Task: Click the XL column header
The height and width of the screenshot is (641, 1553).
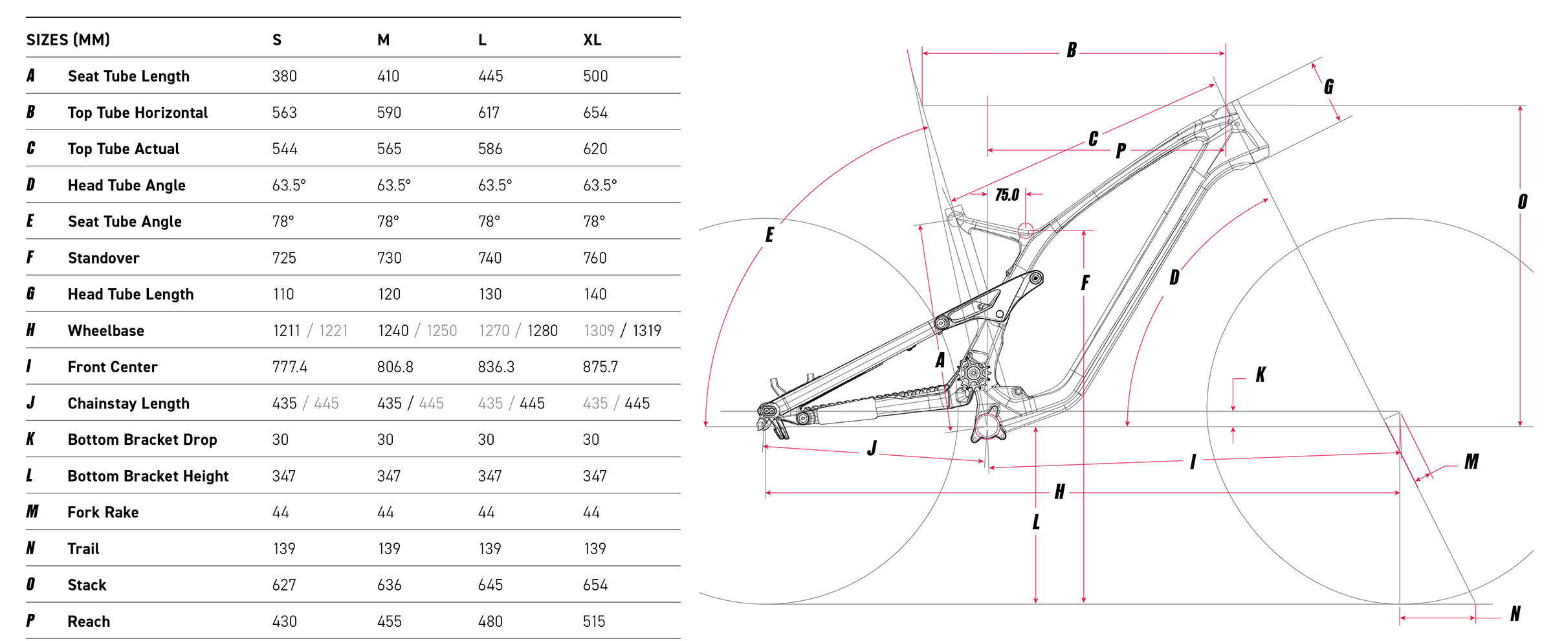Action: pyautogui.click(x=592, y=40)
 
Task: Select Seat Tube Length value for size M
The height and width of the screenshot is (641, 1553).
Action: pyautogui.click(x=388, y=76)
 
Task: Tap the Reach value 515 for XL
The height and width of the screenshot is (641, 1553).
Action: pyautogui.click(x=595, y=622)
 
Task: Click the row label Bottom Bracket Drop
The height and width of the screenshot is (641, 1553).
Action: pyautogui.click(x=142, y=440)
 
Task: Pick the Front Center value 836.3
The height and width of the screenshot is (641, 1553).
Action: pyautogui.click(x=496, y=367)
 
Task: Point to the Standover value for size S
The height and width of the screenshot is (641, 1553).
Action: pyautogui.click(x=284, y=258)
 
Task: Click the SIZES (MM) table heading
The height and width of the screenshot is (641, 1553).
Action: pyautogui.click(x=68, y=40)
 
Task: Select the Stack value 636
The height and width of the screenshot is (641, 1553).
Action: pyautogui.click(x=389, y=585)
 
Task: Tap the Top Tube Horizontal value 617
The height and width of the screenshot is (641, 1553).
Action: pyautogui.click(x=489, y=113)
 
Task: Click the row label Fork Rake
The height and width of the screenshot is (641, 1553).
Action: pyautogui.click(x=104, y=513)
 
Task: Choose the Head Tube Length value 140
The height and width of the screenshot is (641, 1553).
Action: pyautogui.click(x=595, y=295)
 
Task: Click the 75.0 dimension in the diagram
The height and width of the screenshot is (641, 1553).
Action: pyautogui.click(x=1007, y=195)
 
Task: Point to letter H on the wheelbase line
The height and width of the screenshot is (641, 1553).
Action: pyautogui.click(x=1059, y=492)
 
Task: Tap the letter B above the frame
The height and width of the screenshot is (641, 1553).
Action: pyautogui.click(x=1072, y=51)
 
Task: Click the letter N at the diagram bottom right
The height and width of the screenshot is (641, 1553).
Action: pyautogui.click(x=1515, y=614)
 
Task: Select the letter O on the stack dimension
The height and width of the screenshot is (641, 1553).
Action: pyautogui.click(x=1523, y=202)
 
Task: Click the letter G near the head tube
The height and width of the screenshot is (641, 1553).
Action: pyautogui.click(x=1328, y=87)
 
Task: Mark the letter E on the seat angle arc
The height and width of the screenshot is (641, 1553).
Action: pyautogui.click(x=769, y=234)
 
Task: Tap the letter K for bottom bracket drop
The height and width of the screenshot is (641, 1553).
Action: pyautogui.click(x=1261, y=375)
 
